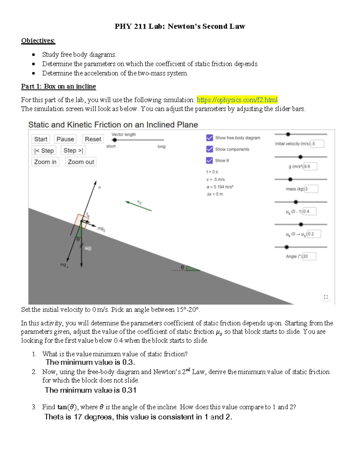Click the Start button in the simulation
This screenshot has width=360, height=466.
coord(40,139)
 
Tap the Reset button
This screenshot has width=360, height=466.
coord(93,139)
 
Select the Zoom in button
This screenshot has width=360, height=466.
coord(45,162)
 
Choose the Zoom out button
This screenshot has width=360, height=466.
coord(81,162)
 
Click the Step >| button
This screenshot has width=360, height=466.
coord(73,151)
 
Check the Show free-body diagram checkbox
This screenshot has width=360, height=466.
coord(210,138)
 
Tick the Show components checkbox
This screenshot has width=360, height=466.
coord(210,149)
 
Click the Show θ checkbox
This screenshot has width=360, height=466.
coord(210,161)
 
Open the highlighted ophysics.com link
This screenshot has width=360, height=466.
coord(237,100)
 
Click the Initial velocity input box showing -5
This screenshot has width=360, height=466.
coord(317,144)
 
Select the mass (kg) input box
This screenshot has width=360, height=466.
coord(311,189)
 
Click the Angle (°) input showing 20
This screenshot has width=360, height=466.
coord(309,256)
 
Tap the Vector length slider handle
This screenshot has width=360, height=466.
coord(114,140)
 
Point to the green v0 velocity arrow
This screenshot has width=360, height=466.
coord(138,206)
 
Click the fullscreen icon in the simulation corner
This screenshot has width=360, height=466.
coord(326,297)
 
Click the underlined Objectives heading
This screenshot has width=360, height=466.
coord(38,41)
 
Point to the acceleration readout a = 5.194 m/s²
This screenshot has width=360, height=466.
coord(220,187)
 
